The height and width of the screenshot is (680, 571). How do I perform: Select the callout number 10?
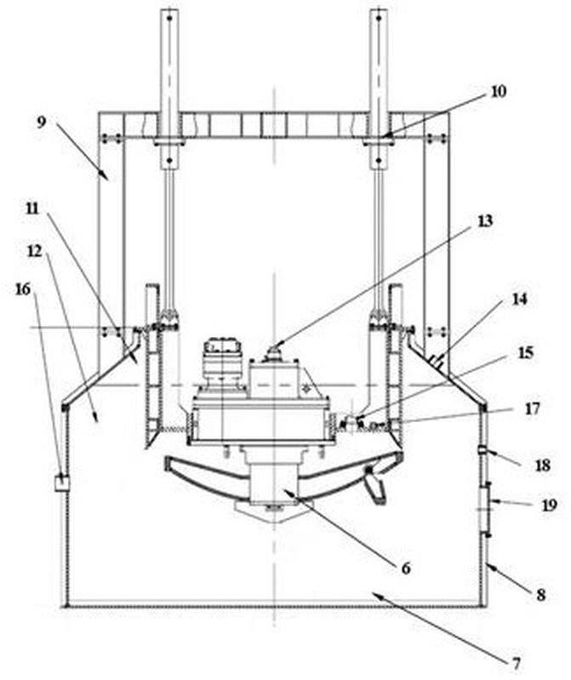pos(499,90)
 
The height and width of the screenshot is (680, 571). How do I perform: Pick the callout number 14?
pos(520,299)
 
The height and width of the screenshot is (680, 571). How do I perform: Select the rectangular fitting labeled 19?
pos(487,507)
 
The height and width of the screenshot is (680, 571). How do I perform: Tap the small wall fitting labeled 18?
pos(483,450)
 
